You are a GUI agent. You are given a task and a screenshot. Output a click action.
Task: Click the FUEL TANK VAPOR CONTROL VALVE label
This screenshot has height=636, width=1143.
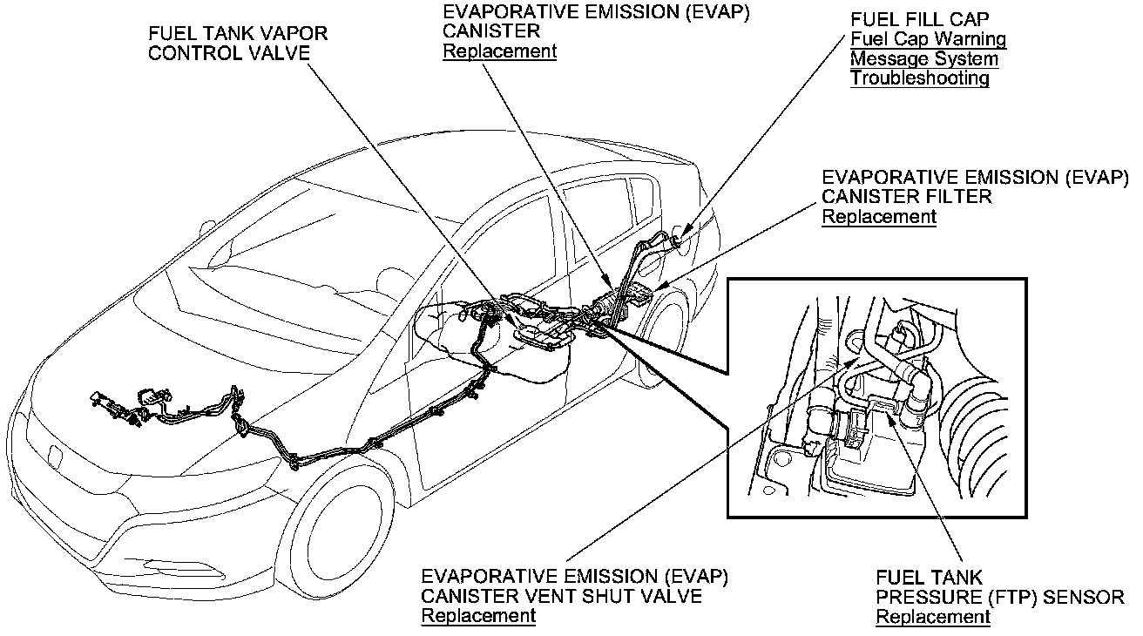point(238,43)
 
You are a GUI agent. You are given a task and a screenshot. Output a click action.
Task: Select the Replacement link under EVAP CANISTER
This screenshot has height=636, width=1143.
point(499,51)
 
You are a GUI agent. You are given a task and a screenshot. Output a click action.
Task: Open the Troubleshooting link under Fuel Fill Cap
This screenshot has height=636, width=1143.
point(919,78)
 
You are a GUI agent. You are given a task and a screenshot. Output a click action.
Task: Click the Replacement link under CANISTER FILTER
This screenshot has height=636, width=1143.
point(878,217)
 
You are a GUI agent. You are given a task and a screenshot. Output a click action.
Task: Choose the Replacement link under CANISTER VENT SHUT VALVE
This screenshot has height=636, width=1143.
point(477,617)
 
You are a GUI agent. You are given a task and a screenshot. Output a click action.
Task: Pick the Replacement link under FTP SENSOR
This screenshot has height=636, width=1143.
point(932,617)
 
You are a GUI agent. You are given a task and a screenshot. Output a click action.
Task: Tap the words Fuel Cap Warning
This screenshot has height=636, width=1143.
point(928,39)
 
